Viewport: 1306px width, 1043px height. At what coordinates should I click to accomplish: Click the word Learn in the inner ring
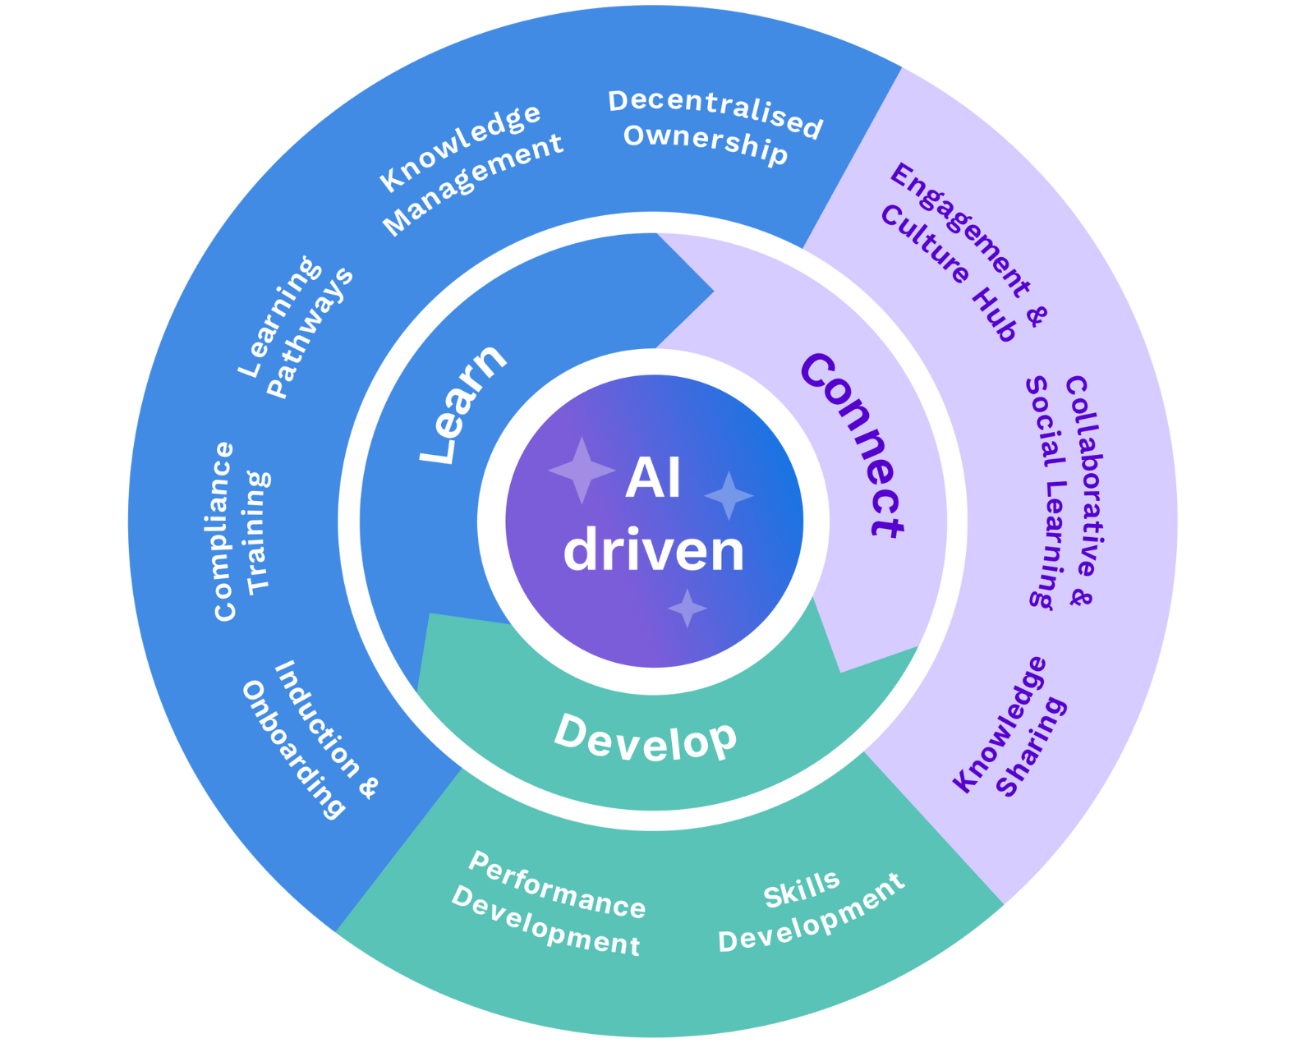pos(462,404)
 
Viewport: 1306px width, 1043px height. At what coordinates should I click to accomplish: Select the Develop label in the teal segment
pos(646,738)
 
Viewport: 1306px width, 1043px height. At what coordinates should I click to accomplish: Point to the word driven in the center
pos(653,551)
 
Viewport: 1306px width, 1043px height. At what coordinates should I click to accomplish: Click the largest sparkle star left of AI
pos(582,470)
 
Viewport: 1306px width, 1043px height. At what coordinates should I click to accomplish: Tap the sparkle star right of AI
pos(729,495)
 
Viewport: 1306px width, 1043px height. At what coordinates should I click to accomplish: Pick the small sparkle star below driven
pos(687,609)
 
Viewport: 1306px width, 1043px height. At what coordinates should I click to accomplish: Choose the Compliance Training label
pos(239,531)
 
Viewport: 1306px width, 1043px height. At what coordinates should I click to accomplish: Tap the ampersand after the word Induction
pos(369,788)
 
